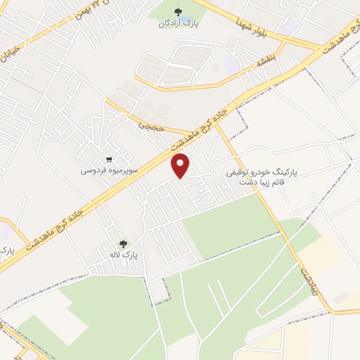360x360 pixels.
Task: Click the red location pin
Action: click(182, 166)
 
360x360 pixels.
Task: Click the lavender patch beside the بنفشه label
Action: click(231, 65)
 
